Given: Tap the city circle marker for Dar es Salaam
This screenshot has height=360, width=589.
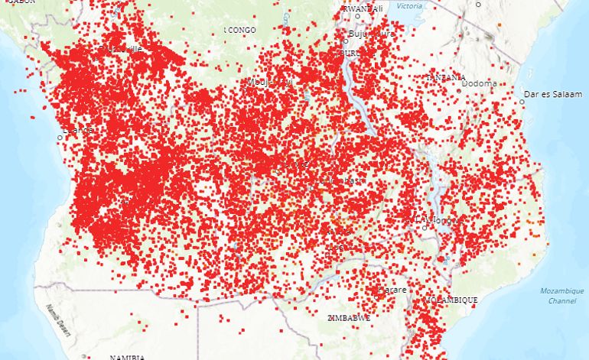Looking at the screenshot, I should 522,102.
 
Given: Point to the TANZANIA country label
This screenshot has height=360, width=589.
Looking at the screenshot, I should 447,77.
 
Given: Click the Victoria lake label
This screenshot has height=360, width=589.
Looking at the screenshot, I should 409,6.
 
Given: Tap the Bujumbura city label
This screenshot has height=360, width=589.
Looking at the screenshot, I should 371,34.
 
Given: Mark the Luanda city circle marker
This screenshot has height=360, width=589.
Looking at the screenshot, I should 60,138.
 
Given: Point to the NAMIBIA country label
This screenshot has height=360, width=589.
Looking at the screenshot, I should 127,357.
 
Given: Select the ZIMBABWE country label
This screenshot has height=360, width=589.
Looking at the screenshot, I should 349,317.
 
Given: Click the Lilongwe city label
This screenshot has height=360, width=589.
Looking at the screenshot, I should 438,220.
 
